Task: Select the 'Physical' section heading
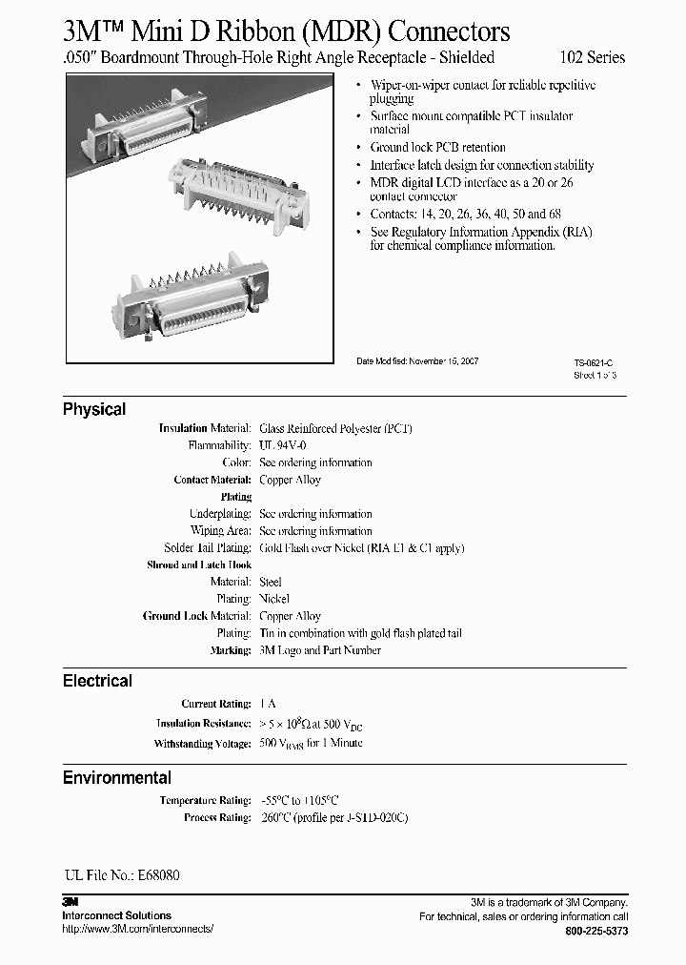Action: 94,409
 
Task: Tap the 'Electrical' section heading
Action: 97,681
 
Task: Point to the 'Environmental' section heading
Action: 117,777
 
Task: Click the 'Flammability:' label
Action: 220,445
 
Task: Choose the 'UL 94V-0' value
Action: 282,445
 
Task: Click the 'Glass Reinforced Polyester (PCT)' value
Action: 335,428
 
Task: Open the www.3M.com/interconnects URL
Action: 137,928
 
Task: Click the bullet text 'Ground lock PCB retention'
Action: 437,147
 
